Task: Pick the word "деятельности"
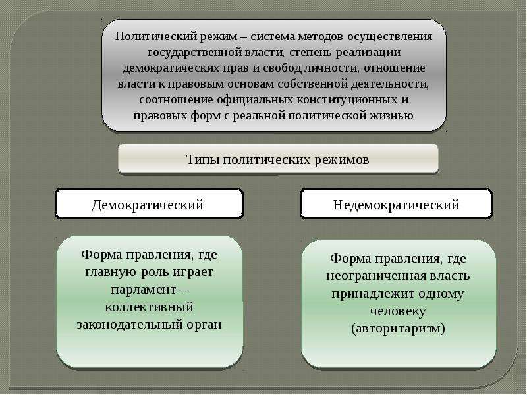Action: pos(390,84)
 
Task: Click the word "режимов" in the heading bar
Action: pos(341,159)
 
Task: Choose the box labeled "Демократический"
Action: pos(149,203)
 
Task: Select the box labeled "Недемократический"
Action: pos(396,203)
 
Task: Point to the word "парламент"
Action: pos(144,290)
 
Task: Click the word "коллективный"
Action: pos(150,307)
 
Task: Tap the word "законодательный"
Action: pos(130,325)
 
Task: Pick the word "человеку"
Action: pos(398,311)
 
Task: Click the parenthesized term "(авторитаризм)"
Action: pos(399,328)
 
